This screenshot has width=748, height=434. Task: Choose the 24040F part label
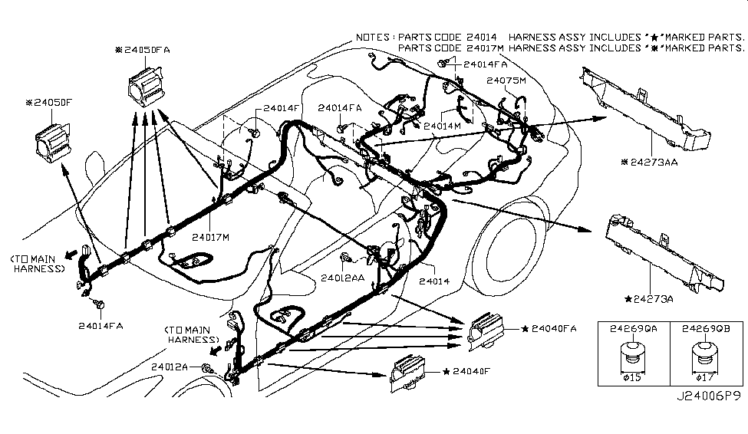[470, 372]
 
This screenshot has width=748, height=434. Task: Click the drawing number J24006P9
[707, 419]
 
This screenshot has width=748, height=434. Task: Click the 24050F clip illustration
[53, 140]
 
